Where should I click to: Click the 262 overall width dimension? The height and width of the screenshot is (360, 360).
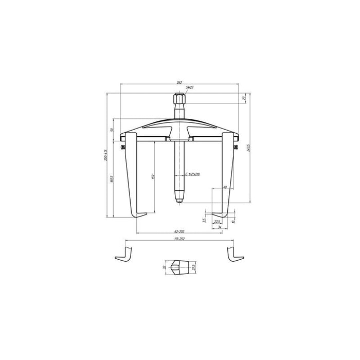coord(179,82)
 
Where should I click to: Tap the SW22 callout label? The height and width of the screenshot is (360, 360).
coord(190,88)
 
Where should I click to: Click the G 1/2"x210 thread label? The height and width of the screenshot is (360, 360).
coord(192,174)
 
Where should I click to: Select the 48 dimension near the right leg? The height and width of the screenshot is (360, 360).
coord(225,188)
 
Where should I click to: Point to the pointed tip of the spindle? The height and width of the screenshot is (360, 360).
coord(180,201)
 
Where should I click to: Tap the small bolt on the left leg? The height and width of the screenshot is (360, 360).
coord(123,149)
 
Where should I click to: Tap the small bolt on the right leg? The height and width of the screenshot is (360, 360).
coord(237,149)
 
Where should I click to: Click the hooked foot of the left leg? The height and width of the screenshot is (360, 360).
coord(140,215)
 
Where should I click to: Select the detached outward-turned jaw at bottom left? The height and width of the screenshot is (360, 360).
coord(125,253)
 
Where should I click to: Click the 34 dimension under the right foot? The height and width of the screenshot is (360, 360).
coord(220,226)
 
